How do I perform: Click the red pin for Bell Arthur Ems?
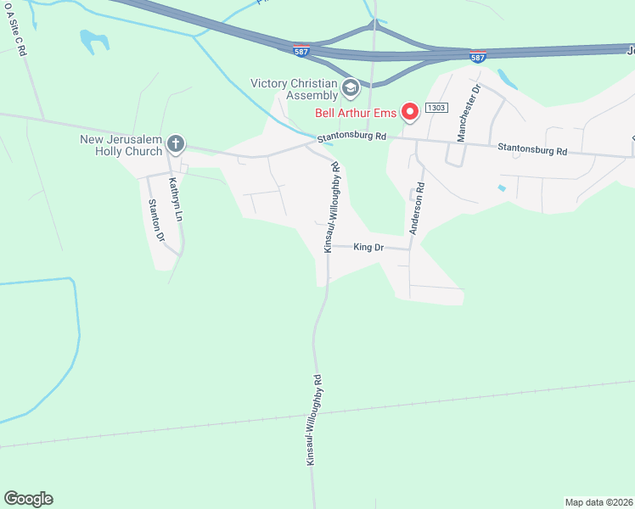(x=410, y=111)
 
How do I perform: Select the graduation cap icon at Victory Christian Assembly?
(x=350, y=88)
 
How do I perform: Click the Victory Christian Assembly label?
(x=295, y=89)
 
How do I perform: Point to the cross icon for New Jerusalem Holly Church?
(x=176, y=143)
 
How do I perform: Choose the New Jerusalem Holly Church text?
(x=121, y=146)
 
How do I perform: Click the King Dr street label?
(x=369, y=247)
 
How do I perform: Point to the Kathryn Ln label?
(x=174, y=199)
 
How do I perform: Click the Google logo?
(x=28, y=499)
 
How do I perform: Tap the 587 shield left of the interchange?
(x=301, y=51)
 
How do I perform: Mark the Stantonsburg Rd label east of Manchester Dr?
(x=532, y=149)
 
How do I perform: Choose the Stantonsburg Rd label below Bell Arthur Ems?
(x=352, y=136)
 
